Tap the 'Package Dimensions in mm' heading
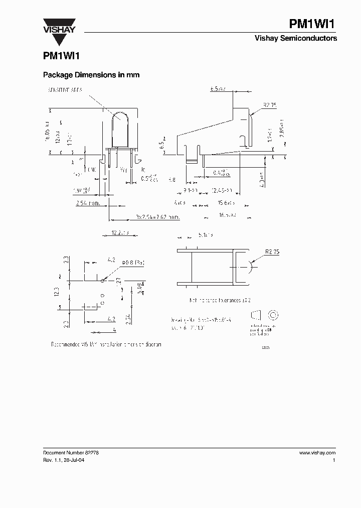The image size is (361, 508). [x=91, y=75]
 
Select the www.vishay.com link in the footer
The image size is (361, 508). [x=317, y=452]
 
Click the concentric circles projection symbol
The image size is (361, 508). [x=274, y=315]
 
